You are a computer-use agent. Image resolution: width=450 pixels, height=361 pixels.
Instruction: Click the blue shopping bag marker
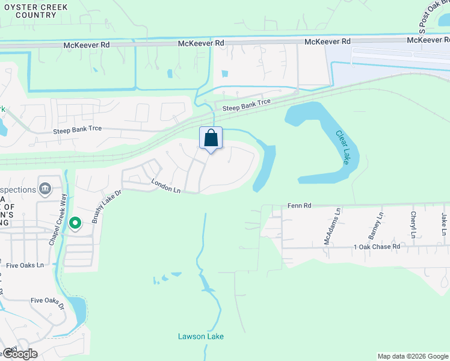211,138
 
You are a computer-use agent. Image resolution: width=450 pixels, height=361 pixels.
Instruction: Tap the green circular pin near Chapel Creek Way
75,223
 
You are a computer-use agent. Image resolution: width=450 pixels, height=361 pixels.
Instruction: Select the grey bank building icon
45,189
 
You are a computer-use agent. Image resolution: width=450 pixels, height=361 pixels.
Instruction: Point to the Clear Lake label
342,147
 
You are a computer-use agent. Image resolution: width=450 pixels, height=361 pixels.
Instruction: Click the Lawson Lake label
201,336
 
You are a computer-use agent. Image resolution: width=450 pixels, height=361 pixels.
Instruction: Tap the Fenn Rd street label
299,205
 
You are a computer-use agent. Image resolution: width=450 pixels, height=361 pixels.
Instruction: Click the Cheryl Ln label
413,223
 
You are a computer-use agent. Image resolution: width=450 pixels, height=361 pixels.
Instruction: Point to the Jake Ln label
444,224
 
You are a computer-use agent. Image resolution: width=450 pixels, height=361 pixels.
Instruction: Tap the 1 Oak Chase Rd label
377,247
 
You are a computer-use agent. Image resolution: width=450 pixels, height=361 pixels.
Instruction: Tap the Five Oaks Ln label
25,265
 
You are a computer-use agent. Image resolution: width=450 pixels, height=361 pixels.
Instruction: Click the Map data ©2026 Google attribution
413,356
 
